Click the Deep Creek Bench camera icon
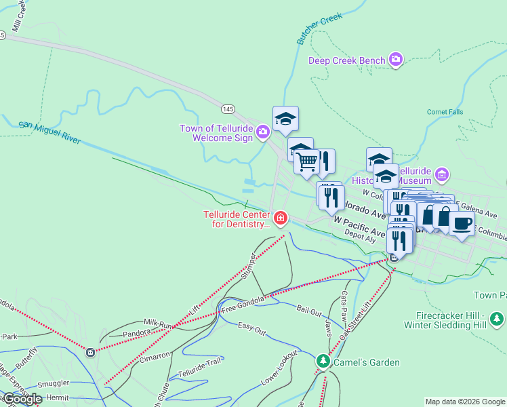pyautogui.click(x=396, y=60)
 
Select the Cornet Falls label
pyautogui.click(x=445, y=112)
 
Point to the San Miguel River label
pyautogui.click(x=49, y=133)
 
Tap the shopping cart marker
pyautogui.click(x=306, y=161)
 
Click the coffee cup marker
pyautogui.click(x=462, y=222)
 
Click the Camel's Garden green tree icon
pyautogui.click(x=323, y=362)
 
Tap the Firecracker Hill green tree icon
pyautogui.click(x=497, y=318)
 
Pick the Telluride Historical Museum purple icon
pyautogui.click(x=442, y=176)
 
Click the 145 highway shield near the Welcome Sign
pyautogui.click(x=228, y=109)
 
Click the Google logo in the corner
pyautogui.click(x=22, y=399)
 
